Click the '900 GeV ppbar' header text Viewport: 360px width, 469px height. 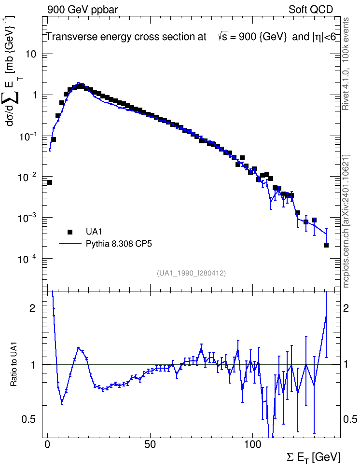coord(83,9)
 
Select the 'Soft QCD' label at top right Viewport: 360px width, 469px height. coord(311,9)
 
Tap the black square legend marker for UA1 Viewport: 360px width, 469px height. coord(70,232)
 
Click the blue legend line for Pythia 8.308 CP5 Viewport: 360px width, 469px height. coord(70,244)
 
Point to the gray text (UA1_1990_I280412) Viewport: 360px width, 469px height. coord(191,273)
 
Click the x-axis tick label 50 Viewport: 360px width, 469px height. coord(150,444)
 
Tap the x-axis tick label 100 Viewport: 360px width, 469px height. coord(252,444)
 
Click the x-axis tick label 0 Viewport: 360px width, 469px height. coord(48,444)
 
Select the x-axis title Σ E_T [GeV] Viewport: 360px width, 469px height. coord(313,457)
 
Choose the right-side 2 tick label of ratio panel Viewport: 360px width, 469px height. coord(346,308)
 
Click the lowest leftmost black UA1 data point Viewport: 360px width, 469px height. coord(50,182)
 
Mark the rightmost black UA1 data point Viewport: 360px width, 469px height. coord(326,245)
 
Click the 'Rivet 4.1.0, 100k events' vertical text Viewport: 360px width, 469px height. coord(346,64)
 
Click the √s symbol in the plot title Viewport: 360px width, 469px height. coord(222,37)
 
